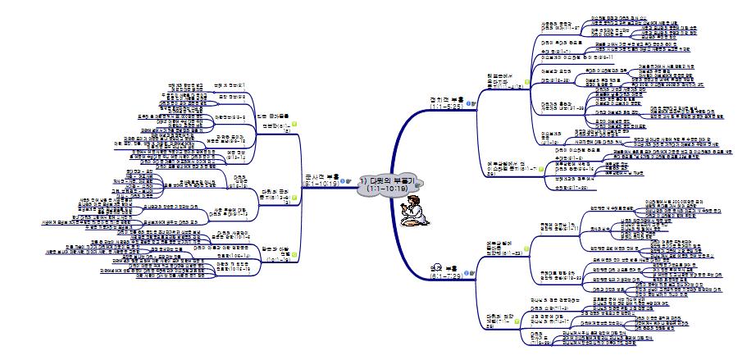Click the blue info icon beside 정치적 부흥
(x=467, y=103)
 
